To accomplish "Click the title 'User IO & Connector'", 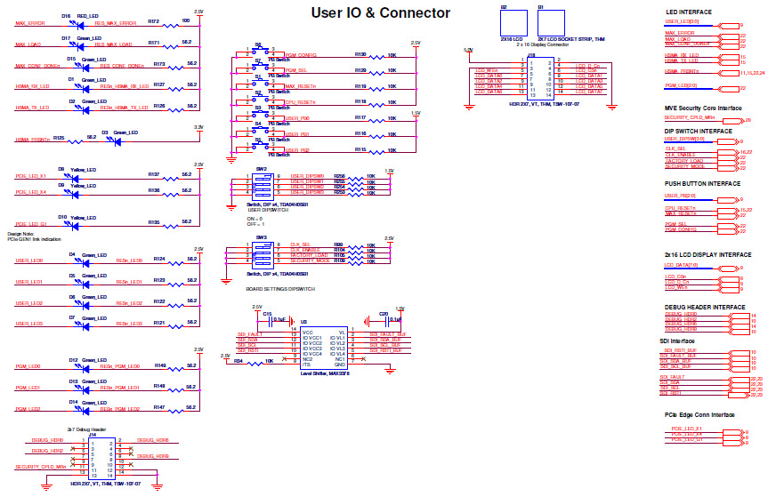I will [x=380, y=12].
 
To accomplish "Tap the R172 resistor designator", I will [x=153, y=20].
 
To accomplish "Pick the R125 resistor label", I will [x=58, y=138].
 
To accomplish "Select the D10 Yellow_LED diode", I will [x=77, y=225].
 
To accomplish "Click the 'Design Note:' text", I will [x=26, y=234].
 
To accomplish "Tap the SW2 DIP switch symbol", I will [x=262, y=184].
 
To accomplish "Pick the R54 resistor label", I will [x=238, y=361].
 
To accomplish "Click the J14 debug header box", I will [x=92, y=458].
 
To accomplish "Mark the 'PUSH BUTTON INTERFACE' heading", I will [x=702, y=183].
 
